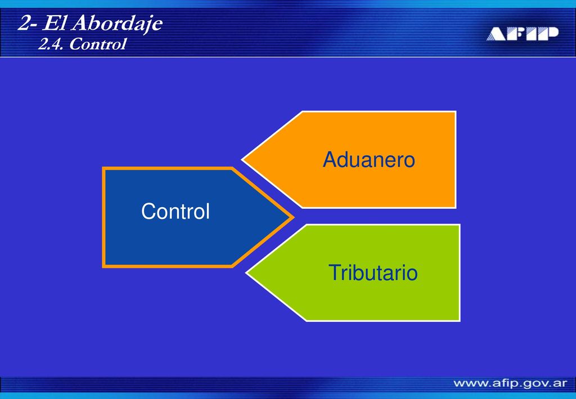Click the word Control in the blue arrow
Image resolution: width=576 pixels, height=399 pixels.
[x=175, y=211]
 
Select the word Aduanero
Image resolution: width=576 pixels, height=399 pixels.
[x=369, y=160]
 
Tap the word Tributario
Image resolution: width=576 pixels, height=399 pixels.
[x=373, y=272]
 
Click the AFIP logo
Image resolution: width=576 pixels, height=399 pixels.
[x=523, y=33]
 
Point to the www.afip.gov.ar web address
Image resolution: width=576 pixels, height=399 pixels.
[x=510, y=384]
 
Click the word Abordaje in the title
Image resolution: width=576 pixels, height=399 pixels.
[x=117, y=24]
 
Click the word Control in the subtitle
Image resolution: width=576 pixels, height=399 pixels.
[x=97, y=44]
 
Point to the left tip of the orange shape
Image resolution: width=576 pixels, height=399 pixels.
[x=242, y=160]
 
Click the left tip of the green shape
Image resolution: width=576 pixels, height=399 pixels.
[x=246, y=273]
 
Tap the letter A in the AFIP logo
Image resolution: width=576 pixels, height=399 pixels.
[x=497, y=34]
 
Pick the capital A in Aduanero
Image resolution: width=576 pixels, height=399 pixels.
[x=329, y=160]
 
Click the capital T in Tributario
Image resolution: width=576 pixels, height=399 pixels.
[x=334, y=272]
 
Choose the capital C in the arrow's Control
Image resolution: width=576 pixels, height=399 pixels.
[x=148, y=211]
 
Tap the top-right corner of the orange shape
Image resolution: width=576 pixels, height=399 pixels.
[x=456, y=111]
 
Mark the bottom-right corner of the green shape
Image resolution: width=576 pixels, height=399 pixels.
[x=460, y=321]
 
